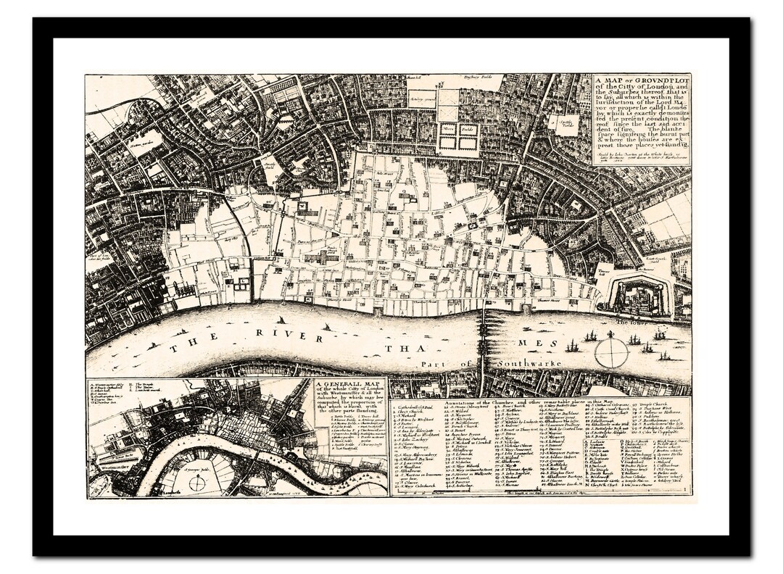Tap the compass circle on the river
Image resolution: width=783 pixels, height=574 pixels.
click(x=610, y=353)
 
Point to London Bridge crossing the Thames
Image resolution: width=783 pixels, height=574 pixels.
click(x=482, y=341)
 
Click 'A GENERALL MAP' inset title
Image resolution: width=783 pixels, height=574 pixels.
click(x=347, y=385)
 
